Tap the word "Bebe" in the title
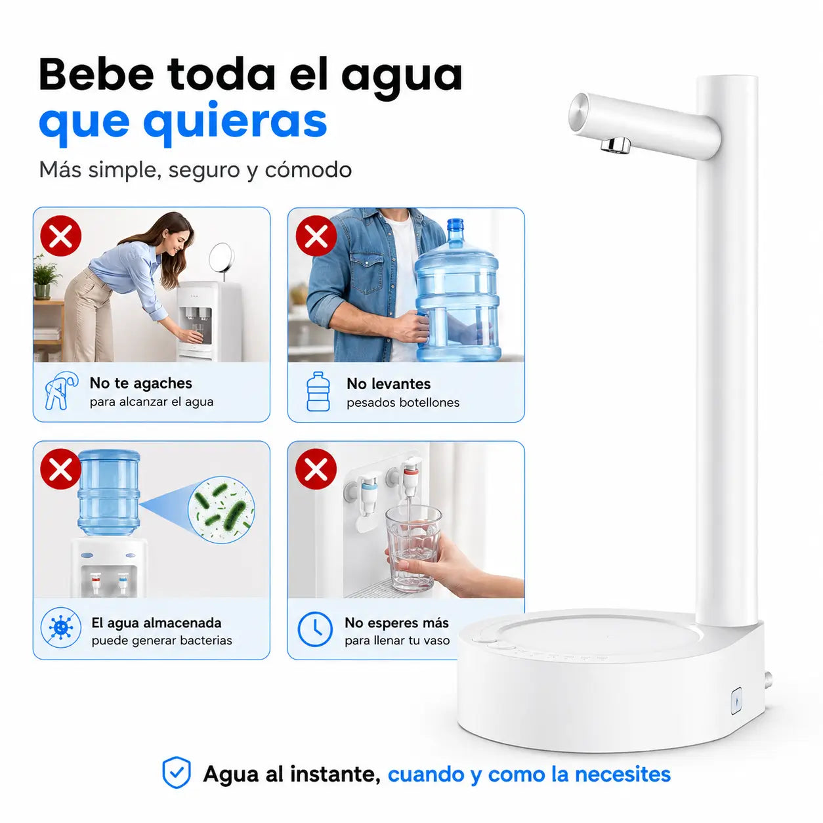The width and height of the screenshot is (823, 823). point(96,75)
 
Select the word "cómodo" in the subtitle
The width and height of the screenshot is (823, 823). point(308,170)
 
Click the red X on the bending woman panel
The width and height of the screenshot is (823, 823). point(60,236)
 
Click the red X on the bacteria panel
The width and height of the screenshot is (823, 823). point(60,469)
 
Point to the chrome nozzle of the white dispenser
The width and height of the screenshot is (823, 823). point(616,144)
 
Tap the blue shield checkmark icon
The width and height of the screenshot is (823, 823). point(177,772)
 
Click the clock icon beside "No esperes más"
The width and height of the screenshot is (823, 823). point(315,629)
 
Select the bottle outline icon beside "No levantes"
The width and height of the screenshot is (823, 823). point(318,391)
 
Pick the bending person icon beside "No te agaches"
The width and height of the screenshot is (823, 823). point(61,390)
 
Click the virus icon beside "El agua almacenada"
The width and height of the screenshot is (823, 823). point(60,627)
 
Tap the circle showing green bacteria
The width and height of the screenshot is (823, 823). point(221,509)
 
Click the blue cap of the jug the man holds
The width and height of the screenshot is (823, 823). point(455,224)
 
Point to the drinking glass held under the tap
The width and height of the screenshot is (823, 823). point(413,548)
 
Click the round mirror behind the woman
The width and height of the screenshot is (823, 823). point(222,257)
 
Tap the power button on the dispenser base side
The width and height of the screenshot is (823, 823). point(736,701)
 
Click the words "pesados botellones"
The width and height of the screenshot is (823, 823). point(403,402)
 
